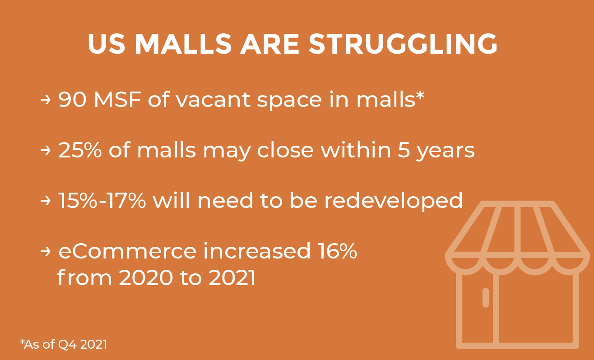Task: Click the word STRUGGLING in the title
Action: [403, 44]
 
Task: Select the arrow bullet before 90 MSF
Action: [45, 100]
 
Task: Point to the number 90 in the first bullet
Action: [72, 99]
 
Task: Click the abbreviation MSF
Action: [117, 99]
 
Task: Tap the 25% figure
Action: [80, 150]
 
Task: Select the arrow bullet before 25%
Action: [45, 150]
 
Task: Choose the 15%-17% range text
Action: [102, 200]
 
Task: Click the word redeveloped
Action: [394, 201]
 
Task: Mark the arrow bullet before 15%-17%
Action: [45, 201]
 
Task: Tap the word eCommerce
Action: [127, 251]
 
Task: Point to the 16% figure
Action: [338, 250]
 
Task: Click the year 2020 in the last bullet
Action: [146, 277]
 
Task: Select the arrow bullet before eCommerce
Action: [45, 251]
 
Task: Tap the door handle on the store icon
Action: [486, 297]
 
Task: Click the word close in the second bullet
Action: [285, 150]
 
